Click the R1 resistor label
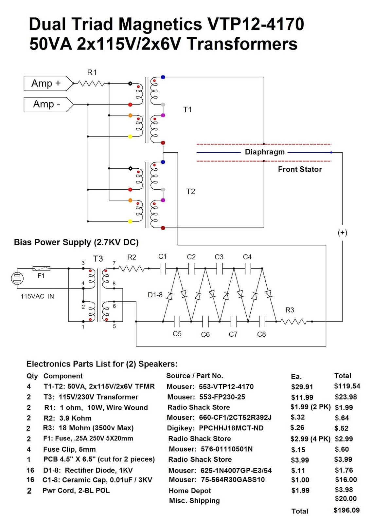pos(92,72)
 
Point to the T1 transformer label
pos(187,109)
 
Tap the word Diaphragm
pos(265,152)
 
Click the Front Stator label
pos(300,169)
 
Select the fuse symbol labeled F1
pos(41,269)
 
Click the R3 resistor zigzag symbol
pos(294,322)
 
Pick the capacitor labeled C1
pos(163,269)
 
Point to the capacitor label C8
pos(261,334)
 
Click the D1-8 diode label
pos(155,295)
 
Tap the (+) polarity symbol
pos(342,233)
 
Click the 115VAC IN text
pos(37,296)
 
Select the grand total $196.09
pos(346,510)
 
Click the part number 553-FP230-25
pos(222,397)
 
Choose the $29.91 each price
pos(302,387)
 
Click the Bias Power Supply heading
pos(76,242)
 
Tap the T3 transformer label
pos(98,259)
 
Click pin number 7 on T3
pos(114,263)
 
